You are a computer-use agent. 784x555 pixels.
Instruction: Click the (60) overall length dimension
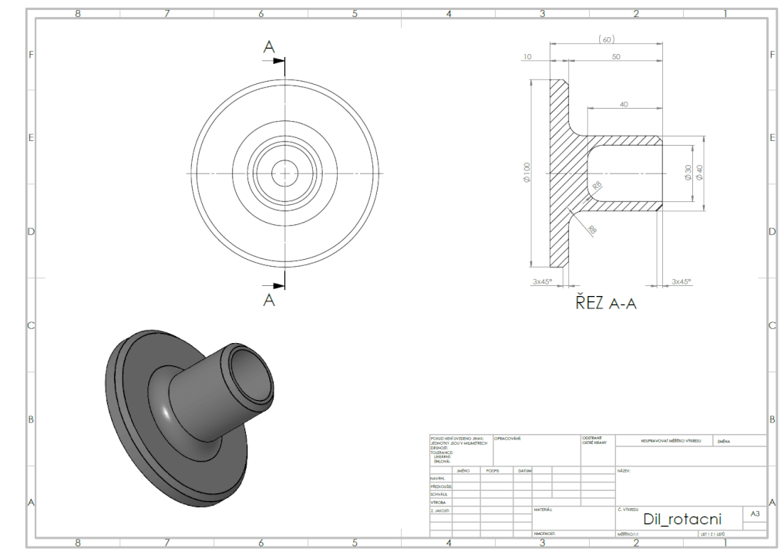606,39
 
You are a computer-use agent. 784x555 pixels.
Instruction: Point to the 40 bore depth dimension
624,104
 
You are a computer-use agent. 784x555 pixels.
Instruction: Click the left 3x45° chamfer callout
544,282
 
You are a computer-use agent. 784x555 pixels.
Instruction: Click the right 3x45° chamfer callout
681,282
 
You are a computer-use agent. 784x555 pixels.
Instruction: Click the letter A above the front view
269,47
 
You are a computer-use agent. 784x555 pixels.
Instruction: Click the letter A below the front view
269,301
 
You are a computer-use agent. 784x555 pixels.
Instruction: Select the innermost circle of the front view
284,171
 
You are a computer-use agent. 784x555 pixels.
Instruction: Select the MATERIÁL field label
543,510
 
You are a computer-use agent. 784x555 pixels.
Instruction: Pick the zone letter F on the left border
31,55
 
